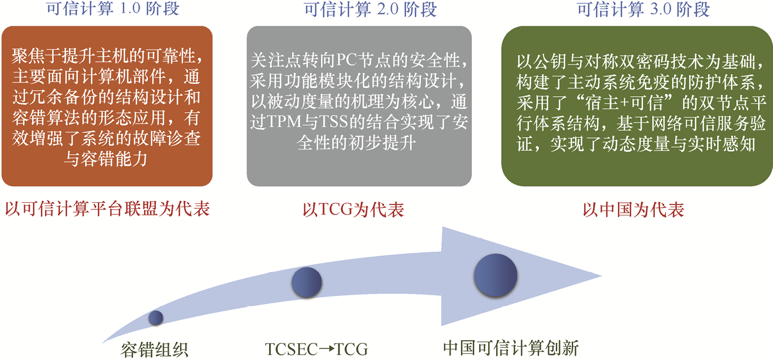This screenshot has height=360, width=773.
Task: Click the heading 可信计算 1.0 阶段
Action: pyautogui.click(x=113, y=9)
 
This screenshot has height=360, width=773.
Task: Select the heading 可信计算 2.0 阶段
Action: pyautogui.click(x=370, y=9)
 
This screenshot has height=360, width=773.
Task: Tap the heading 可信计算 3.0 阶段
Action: pyautogui.click(x=643, y=9)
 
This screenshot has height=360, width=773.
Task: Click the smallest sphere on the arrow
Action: pyautogui.click(x=155, y=318)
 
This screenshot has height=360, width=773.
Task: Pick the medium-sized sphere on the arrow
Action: pyautogui.click(x=307, y=282)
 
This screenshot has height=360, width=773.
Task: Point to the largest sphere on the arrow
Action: pyautogui.click(x=496, y=275)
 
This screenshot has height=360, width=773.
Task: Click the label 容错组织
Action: pyautogui.click(x=154, y=350)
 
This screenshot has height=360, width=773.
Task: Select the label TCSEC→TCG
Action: pyautogui.click(x=316, y=350)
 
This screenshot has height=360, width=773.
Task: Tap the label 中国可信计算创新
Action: pyautogui.click(x=511, y=348)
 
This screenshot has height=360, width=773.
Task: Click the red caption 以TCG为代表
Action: pyautogui.click(x=353, y=209)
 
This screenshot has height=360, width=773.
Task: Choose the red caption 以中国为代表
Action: pyautogui.click(x=633, y=209)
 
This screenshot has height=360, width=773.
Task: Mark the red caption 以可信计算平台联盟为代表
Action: pyautogui.click(x=107, y=209)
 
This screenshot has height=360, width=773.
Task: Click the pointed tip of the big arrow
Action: pyautogui.click(x=601, y=276)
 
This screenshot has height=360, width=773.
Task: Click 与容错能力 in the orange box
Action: pyautogui.click(x=105, y=159)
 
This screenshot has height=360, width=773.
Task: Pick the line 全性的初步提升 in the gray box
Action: pyautogui.click(x=356, y=142)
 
